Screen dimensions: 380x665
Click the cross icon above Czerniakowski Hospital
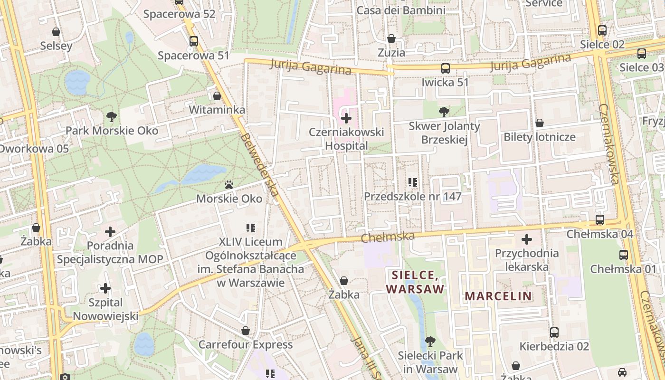coord(346,118)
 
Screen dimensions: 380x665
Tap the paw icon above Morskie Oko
coord(229,185)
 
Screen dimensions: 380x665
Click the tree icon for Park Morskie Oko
coord(112,116)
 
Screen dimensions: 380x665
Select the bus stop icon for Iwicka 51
coord(445,68)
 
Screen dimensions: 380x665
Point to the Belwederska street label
coord(259,165)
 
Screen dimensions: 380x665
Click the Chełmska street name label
coord(388,237)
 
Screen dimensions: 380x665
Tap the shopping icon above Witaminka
coord(217,96)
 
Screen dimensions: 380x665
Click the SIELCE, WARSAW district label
coord(415,282)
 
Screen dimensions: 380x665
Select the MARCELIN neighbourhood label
coord(498,296)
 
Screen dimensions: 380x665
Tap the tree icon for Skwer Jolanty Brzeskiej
coord(444,112)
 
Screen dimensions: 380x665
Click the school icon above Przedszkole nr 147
coord(413,182)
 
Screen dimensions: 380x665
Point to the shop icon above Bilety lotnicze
coord(540,123)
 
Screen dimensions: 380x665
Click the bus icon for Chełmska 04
coord(600,220)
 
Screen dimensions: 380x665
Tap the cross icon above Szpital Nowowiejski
coord(105,288)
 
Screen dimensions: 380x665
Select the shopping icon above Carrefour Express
coord(246,331)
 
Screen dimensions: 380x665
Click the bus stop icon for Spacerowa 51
coord(193,41)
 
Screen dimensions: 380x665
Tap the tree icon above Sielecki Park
coord(430,341)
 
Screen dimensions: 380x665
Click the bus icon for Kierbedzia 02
coord(554,332)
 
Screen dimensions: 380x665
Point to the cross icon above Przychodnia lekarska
coord(527,239)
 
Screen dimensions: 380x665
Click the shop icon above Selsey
coord(56,32)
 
